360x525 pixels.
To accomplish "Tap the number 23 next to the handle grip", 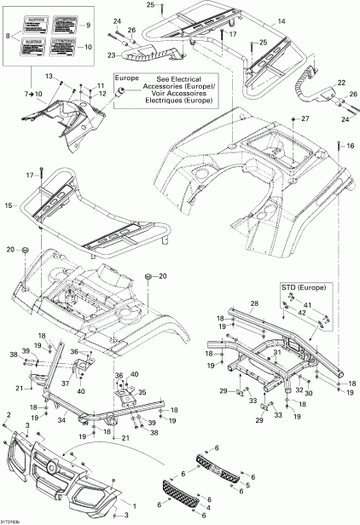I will pyautogui.click(x=111, y=55).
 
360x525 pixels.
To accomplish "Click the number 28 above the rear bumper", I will pyautogui.click(x=253, y=303).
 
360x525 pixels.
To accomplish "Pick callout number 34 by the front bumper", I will pyautogui.click(x=85, y=418).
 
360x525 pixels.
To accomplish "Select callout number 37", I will pyautogui.click(x=86, y=384).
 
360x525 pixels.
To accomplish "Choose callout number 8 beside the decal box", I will pyautogui.click(x=9, y=35).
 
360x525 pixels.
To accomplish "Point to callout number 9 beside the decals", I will pyautogui.click(x=84, y=27).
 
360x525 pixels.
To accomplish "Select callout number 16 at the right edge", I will pyautogui.click(x=351, y=147).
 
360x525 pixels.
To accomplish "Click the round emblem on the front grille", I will pyautogui.click(x=54, y=468).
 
